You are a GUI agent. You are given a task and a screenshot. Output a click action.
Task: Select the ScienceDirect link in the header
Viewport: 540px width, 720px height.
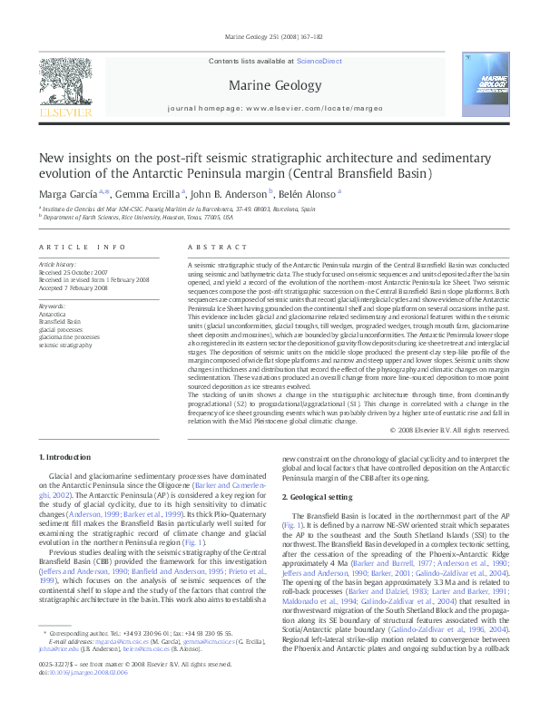pos(319,61)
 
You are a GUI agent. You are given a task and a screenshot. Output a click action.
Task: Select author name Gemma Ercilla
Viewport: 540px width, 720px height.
pos(150,193)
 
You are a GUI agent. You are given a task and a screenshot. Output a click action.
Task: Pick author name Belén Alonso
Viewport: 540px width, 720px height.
pos(310,193)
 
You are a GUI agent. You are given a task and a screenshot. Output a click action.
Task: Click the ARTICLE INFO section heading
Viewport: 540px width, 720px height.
pos(83,247)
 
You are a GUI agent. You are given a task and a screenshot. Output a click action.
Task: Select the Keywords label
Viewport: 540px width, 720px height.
pos(52,306)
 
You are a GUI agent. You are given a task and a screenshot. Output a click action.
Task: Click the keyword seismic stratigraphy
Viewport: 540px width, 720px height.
pos(65,345)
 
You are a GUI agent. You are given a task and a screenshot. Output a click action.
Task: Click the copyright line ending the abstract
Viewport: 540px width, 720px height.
pos(449,429)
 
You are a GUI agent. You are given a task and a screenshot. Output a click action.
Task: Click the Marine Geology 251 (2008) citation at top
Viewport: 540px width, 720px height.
pos(270,37)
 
